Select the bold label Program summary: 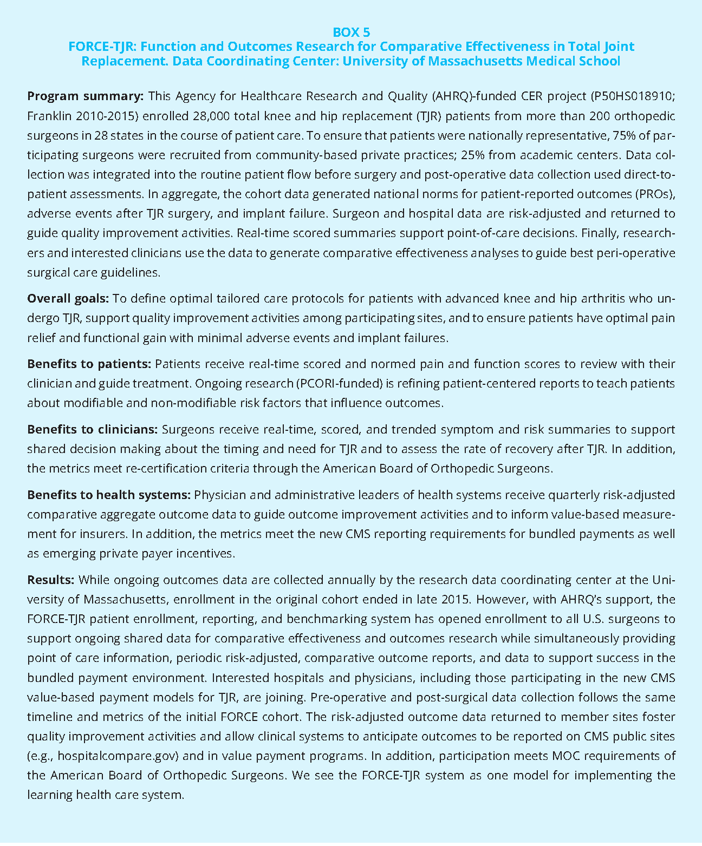coord(85,96)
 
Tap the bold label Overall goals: coord(68,299)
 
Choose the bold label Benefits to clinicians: coord(92,430)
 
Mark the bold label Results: coord(50,580)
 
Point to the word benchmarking coord(320,619)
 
